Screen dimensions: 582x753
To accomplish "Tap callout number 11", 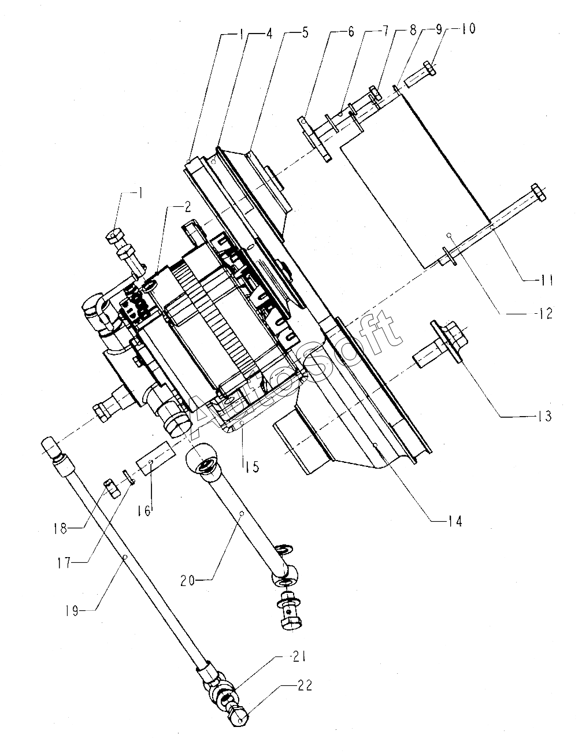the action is tap(544, 280).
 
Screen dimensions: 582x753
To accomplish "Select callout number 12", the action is tap(544, 314).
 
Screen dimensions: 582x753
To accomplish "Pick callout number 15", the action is tap(253, 467).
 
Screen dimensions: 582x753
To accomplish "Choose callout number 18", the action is tap(60, 529).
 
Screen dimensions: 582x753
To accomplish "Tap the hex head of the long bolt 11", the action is tap(538, 192).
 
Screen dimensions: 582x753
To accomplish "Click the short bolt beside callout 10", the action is tap(420, 75).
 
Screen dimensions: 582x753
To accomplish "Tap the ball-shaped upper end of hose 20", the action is tap(202, 458).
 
